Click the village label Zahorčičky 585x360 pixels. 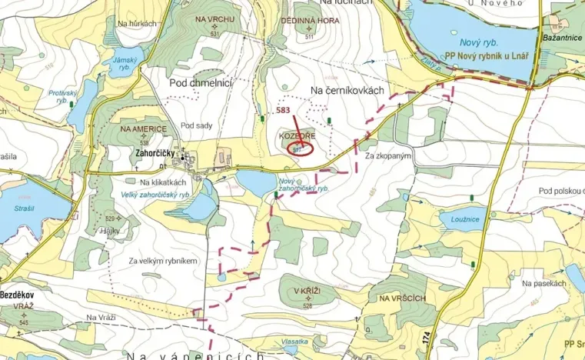point(152,155)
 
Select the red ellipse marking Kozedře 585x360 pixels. point(300,148)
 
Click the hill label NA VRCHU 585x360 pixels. point(214,18)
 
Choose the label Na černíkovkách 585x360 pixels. point(346,92)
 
